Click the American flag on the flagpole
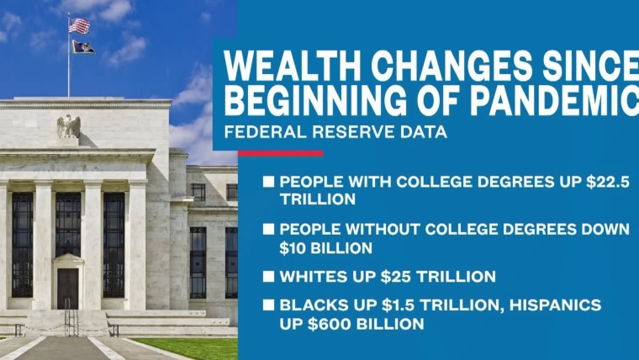[x=79, y=26]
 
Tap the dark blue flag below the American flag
[x=83, y=47]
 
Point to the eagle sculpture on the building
[x=68, y=126]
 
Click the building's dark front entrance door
[x=67, y=289]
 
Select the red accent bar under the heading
[x=280, y=154]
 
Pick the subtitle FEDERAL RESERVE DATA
[x=335, y=132]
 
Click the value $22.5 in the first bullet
[x=608, y=182]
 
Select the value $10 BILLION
[x=325, y=248]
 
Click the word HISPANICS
[x=556, y=305]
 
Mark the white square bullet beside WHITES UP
[x=268, y=277]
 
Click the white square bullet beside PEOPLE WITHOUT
[x=268, y=229]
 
